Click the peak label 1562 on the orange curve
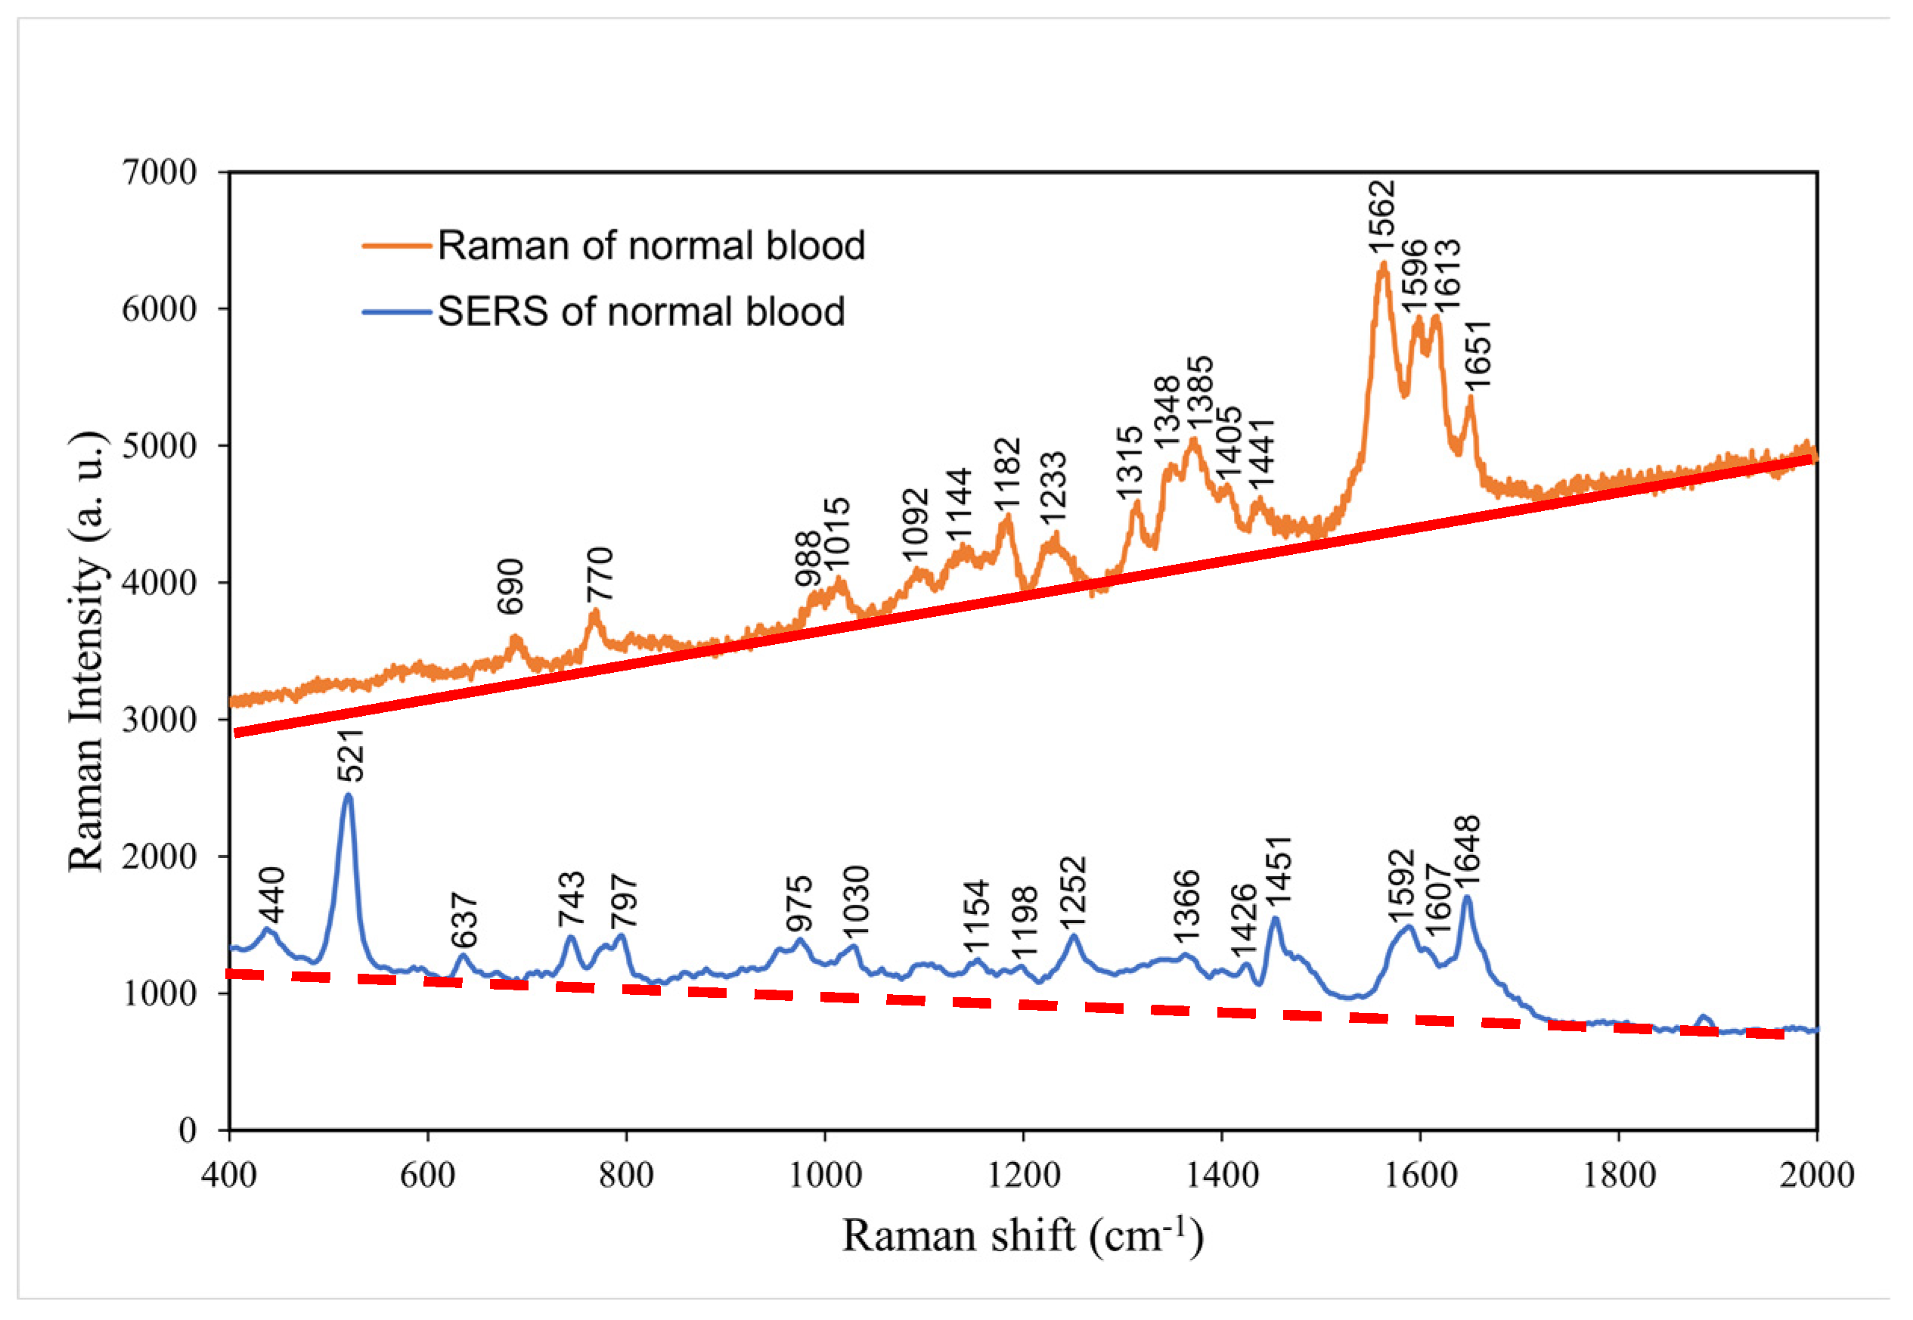(1381, 218)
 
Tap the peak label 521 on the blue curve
(351, 755)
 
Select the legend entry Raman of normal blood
(650, 246)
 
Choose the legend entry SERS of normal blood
(640, 311)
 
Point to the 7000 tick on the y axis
(160, 172)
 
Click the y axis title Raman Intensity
(86, 651)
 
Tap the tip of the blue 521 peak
(348, 795)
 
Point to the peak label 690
(510, 587)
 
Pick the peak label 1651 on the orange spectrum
(1477, 354)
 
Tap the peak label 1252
(1072, 894)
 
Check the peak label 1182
(1006, 476)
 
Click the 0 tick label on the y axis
(188, 1129)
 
